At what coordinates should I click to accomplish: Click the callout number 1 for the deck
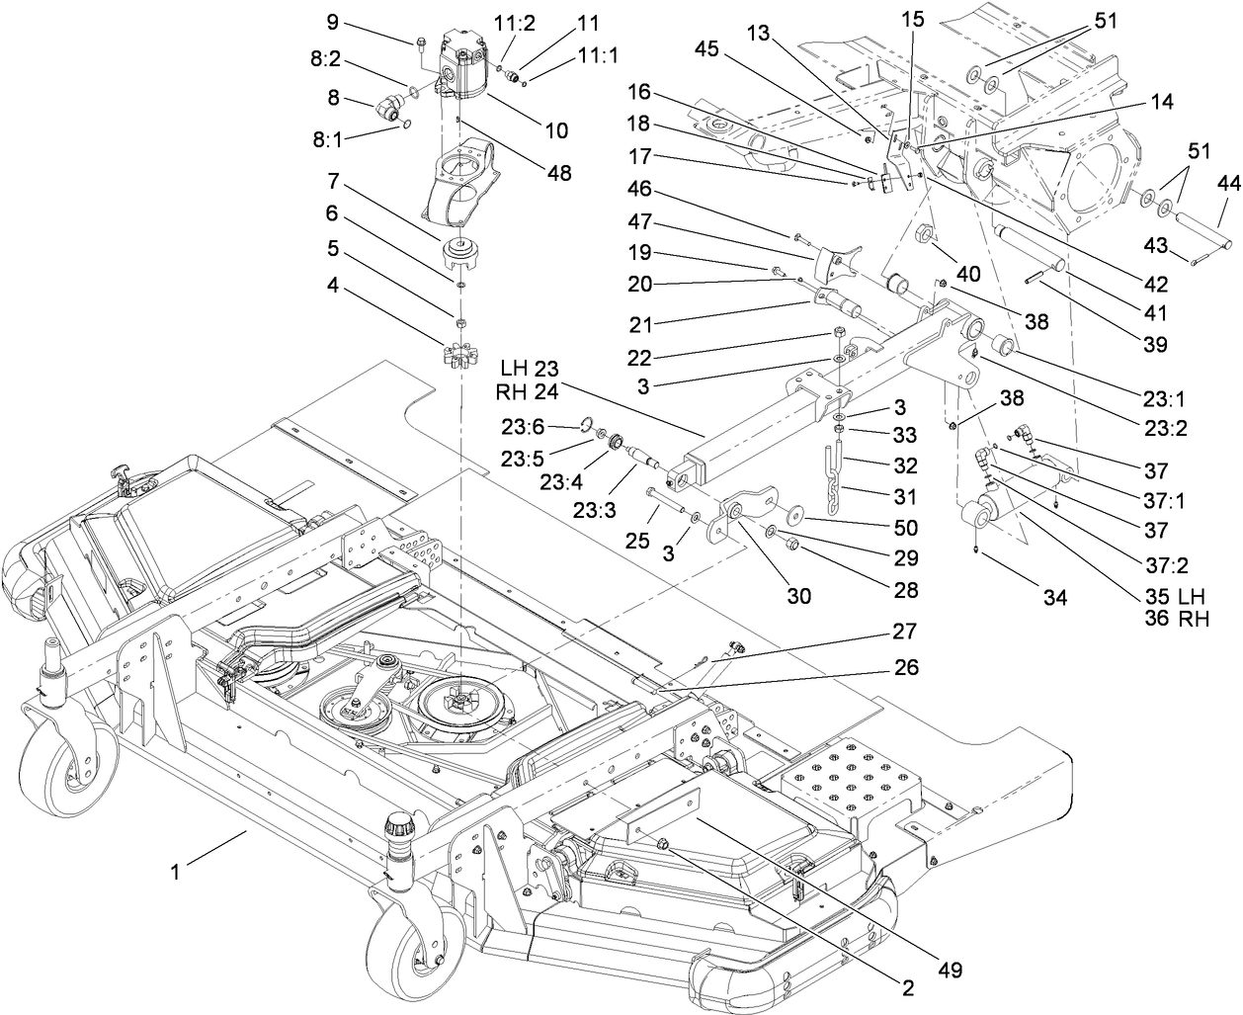(175, 873)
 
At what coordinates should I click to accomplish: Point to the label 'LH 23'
(534, 369)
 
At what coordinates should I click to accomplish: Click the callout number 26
(905, 668)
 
